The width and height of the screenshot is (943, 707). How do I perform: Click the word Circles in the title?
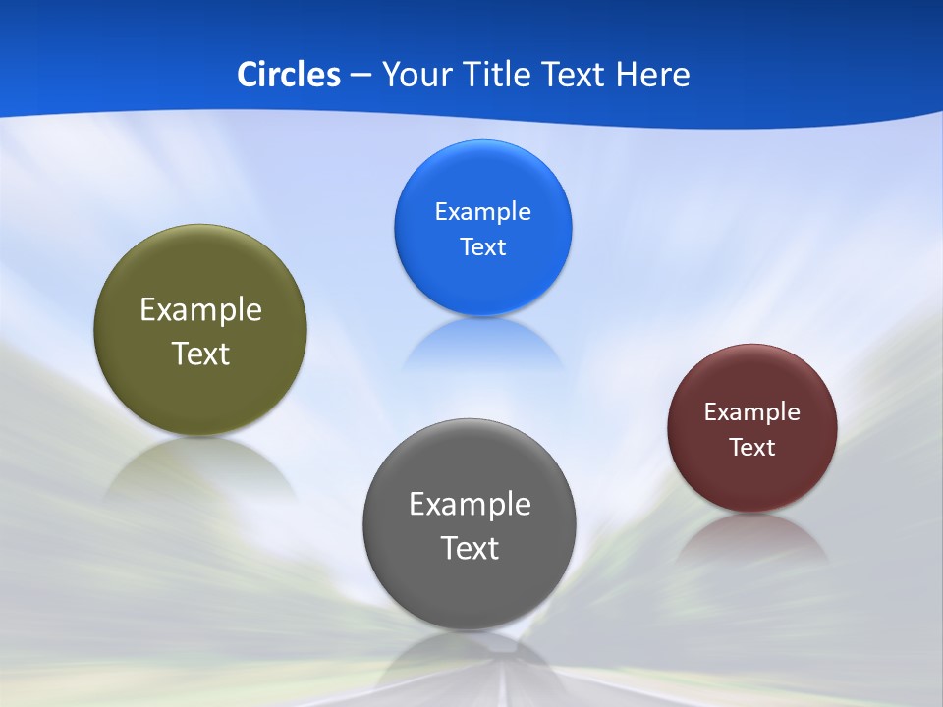click(289, 75)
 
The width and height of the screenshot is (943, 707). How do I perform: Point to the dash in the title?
click(361, 76)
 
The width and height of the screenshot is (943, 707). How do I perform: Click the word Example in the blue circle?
click(483, 212)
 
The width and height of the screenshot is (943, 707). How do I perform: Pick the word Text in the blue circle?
click(483, 247)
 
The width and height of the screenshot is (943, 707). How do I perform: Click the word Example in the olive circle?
click(200, 310)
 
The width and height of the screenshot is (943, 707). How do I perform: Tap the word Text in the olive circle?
click(200, 353)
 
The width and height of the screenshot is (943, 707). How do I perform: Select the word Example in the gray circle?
click(470, 505)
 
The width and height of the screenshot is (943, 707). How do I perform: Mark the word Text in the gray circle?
click(470, 548)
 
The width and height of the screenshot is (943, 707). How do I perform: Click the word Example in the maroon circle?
click(752, 412)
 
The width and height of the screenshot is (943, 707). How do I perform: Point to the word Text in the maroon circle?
click(752, 448)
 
